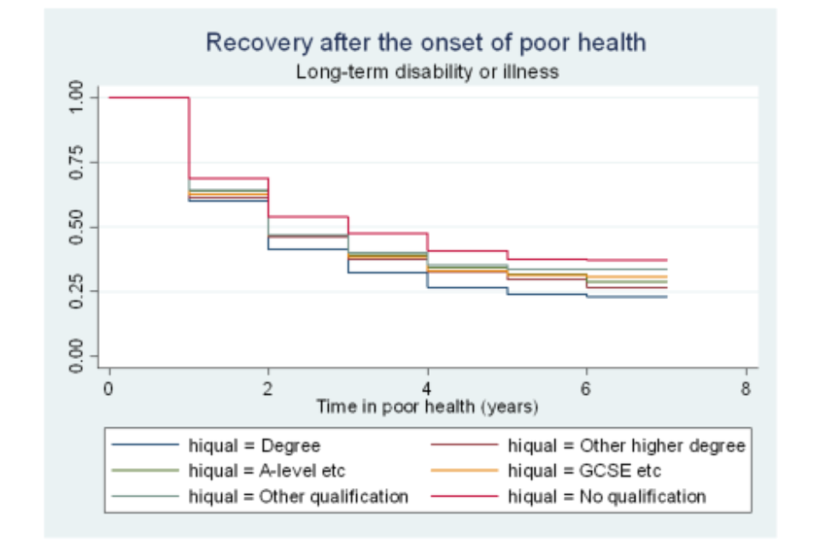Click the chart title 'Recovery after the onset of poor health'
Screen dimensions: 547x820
426,43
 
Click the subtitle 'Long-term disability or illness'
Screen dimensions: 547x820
426,72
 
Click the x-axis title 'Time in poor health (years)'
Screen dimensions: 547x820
426,407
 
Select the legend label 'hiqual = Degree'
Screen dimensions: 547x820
255,446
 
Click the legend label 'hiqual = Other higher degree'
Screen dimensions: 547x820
626,446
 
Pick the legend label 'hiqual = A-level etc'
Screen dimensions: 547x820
267,471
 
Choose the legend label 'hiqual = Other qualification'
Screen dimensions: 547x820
298,496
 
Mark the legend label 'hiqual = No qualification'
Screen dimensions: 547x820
606,496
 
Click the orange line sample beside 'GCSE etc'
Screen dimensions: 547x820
465,471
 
